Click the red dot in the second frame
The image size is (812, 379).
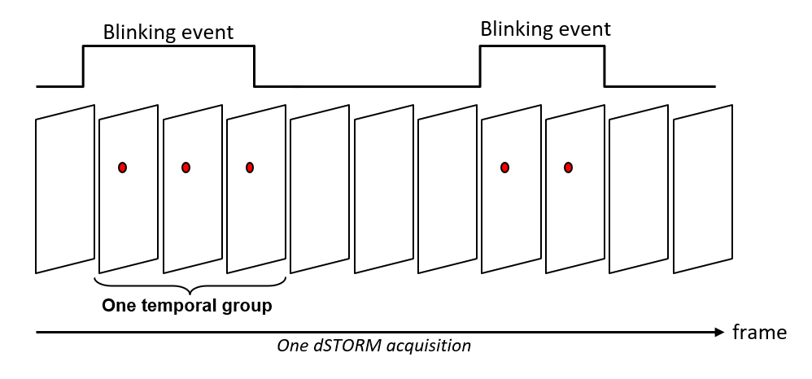pyautogui.click(x=122, y=168)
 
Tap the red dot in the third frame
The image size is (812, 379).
pyautogui.click(x=186, y=168)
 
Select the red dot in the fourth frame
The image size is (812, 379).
pyautogui.click(x=250, y=168)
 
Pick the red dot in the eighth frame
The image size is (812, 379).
pyautogui.click(x=504, y=168)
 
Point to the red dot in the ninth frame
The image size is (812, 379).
pyautogui.click(x=568, y=168)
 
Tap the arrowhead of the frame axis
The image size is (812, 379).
pyautogui.click(x=718, y=332)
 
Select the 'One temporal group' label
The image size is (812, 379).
pyautogui.click(x=186, y=307)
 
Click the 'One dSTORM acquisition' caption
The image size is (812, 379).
pyautogui.click(x=374, y=346)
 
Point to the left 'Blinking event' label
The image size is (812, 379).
pyautogui.click(x=168, y=33)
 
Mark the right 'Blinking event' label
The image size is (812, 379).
pyautogui.click(x=545, y=30)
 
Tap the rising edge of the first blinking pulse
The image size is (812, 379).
pyautogui.click(x=84, y=66)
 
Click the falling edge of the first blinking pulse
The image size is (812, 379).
pyautogui.click(x=255, y=66)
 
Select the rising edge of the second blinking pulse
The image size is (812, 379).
pyautogui.click(x=480, y=66)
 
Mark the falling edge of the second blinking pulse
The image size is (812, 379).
pyautogui.click(x=605, y=66)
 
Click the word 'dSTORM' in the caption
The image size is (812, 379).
pyautogui.click(x=341, y=346)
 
